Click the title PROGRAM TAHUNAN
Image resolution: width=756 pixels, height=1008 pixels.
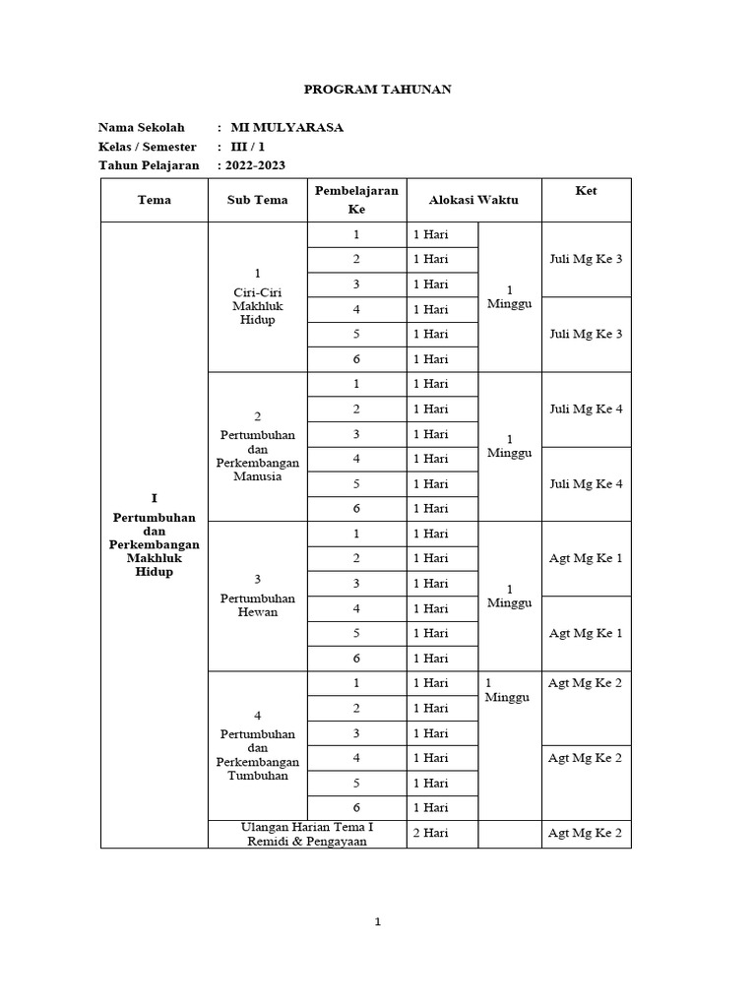point(377,90)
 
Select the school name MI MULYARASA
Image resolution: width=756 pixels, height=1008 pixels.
point(286,127)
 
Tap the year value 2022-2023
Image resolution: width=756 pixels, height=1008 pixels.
point(255,165)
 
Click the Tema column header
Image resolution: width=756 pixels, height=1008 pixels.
point(155,200)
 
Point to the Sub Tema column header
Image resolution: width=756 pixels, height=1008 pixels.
point(258,200)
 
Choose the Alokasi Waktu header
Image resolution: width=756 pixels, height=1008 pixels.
point(473,200)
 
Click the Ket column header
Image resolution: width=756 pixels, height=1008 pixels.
point(586,190)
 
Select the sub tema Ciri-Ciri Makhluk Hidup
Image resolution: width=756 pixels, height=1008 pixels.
point(258,305)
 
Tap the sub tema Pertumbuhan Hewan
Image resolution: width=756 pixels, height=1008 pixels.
point(258,604)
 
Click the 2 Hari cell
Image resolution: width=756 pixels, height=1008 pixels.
point(431,834)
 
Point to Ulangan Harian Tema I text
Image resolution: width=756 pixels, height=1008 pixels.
point(306,826)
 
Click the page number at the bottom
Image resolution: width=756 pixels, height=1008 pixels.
point(377,922)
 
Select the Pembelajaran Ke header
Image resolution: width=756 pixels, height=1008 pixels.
point(356,200)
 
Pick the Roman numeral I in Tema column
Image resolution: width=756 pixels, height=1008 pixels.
point(155,499)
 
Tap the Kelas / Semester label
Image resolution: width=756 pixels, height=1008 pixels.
point(148,147)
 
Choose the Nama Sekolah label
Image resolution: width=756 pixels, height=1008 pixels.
point(142,127)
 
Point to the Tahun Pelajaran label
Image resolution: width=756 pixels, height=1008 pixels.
point(149,165)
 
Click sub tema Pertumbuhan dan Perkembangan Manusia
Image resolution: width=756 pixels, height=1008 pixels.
point(258,455)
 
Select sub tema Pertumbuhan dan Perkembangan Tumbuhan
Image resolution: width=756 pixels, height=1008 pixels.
point(258,754)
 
